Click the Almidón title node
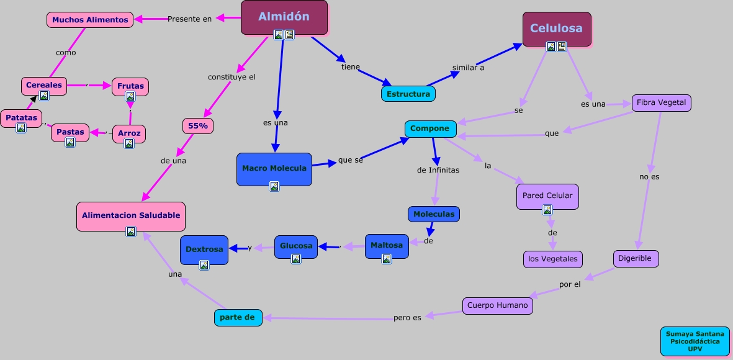[x=284, y=17]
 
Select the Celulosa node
[x=556, y=28]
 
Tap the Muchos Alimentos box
[x=90, y=20]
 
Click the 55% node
[x=198, y=125]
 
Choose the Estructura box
[x=408, y=94]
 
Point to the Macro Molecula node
[x=274, y=169]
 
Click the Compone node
[x=430, y=129]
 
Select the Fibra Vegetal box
[x=661, y=103]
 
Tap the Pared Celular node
[x=547, y=196]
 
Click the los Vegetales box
[x=552, y=259]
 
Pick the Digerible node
[x=635, y=258]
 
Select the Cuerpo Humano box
[x=497, y=305]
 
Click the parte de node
[x=237, y=317]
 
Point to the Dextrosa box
[x=204, y=250]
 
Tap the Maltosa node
[x=387, y=245]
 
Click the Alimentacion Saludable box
[x=131, y=216]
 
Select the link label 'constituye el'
[x=232, y=77]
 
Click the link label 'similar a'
[x=468, y=68]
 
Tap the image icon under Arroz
[x=129, y=143]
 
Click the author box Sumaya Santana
[x=695, y=341]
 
